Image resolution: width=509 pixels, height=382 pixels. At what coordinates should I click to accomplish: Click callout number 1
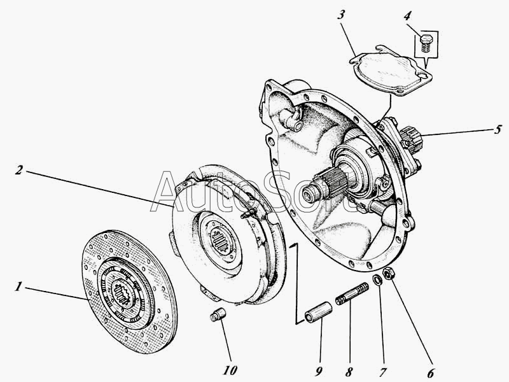point(20,287)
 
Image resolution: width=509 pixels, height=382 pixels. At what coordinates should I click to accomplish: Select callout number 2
point(20,170)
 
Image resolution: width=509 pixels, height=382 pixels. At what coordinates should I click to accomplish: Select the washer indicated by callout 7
point(378,279)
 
